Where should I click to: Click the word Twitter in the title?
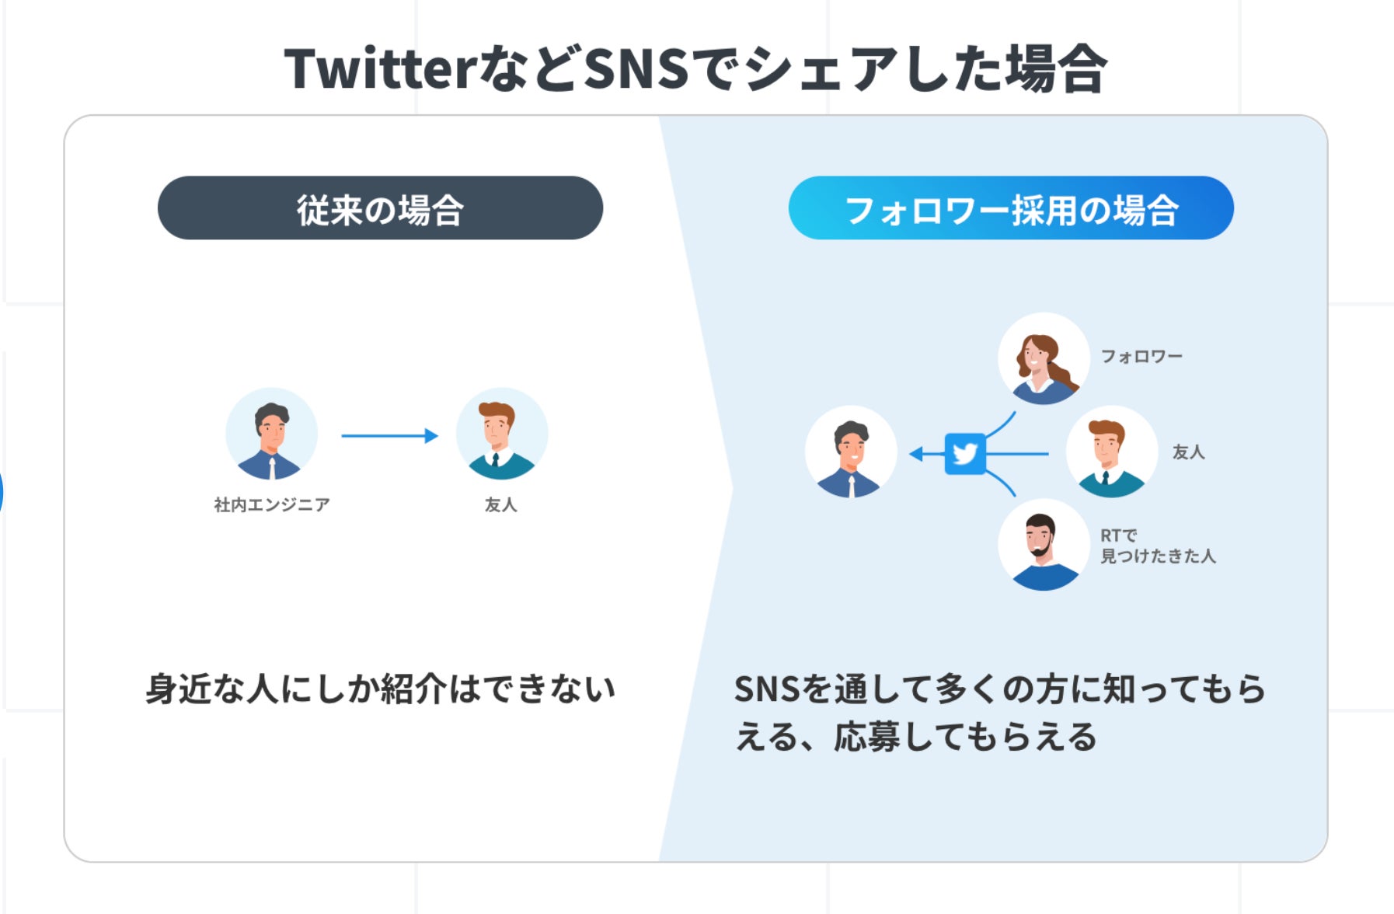[x=379, y=69]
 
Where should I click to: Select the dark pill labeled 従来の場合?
[x=380, y=208]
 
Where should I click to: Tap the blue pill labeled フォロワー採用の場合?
[x=1010, y=208]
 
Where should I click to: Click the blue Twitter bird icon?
[x=965, y=453]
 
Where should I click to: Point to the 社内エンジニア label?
[x=272, y=505]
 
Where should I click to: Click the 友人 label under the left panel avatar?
[x=500, y=505]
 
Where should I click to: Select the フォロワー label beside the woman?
[x=1141, y=357]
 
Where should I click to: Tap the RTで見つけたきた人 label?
[x=1157, y=546]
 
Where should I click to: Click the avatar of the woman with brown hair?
[x=1044, y=358]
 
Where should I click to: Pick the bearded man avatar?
[x=1044, y=545]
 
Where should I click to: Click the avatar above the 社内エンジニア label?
[x=271, y=434]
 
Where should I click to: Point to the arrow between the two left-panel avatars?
[x=389, y=436]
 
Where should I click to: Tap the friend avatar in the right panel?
[x=1111, y=452]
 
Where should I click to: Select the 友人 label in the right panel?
[x=1188, y=452]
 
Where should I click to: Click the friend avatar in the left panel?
[x=501, y=434]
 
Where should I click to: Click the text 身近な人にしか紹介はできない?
[x=380, y=689]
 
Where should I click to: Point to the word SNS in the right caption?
[x=766, y=689]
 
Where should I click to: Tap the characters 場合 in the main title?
[x=1055, y=69]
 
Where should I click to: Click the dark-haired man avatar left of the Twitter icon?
[x=851, y=452]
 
